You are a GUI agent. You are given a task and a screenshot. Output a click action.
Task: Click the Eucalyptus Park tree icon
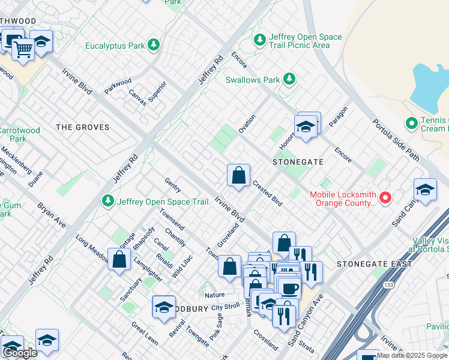[154, 45]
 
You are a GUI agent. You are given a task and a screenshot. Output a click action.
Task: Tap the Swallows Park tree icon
[289, 79]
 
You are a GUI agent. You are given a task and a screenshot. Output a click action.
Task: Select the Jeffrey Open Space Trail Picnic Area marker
[260, 40]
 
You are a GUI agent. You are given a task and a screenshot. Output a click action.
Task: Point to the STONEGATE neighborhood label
[298, 162]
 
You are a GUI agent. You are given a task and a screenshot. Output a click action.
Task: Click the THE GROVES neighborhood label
[83, 127]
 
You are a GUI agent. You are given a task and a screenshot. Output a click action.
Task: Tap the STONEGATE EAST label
[374, 264]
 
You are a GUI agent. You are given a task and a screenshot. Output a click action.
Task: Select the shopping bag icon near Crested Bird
[238, 176]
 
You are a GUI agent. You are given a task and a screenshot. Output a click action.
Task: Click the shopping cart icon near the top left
[23, 49]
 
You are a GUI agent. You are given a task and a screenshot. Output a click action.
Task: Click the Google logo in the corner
[20, 353]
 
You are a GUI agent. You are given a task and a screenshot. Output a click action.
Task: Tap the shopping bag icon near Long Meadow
[119, 260]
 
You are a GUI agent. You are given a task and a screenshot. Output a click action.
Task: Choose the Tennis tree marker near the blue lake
[411, 124]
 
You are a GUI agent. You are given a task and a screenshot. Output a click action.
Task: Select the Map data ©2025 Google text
[412, 355]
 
